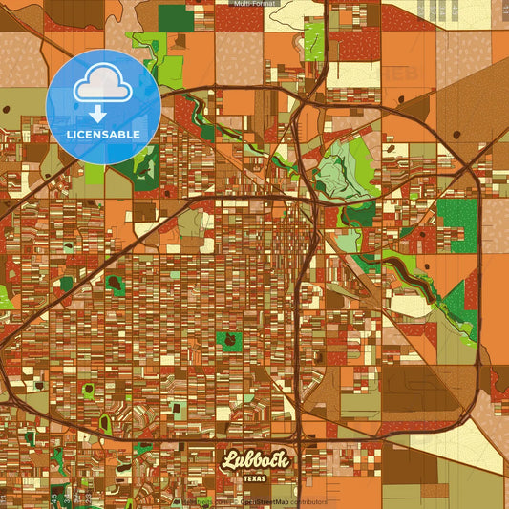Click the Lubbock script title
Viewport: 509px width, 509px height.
[x=255, y=461]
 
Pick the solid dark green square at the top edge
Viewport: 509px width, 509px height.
[x=175, y=16]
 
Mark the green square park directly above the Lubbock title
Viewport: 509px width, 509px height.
[x=229, y=339]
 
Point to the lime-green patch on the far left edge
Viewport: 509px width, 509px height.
[x=5, y=297]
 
